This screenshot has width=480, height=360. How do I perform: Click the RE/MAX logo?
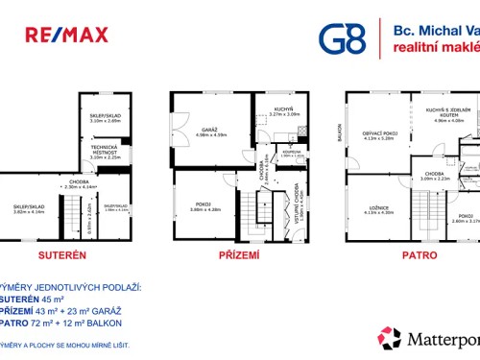point(66,36)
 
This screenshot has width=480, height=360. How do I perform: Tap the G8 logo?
point(342,37)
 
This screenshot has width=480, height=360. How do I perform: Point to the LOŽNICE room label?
point(378,209)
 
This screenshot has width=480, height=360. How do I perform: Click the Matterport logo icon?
point(389,339)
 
